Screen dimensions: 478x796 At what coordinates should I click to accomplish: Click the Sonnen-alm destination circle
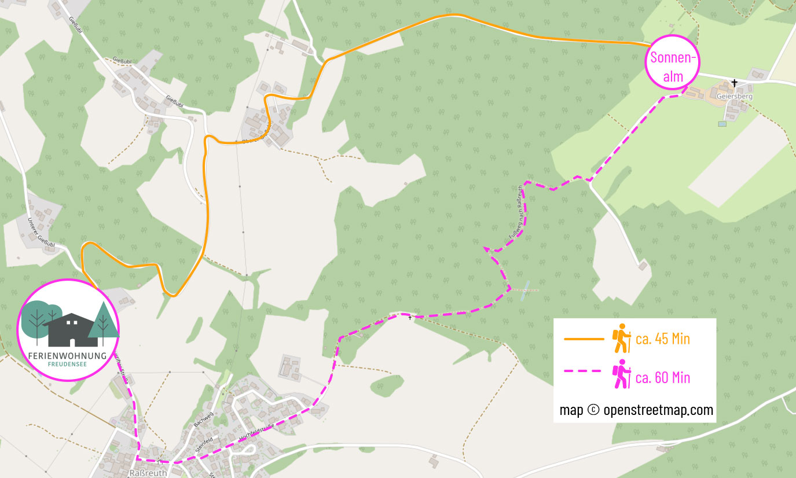(x=673, y=62)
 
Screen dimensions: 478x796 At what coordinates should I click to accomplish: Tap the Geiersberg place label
(x=734, y=97)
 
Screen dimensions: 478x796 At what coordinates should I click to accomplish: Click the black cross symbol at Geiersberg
(x=735, y=83)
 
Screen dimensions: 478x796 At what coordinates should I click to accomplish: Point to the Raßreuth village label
(x=146, y=473)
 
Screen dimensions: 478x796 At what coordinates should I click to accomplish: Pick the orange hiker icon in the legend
(x=622, y=339)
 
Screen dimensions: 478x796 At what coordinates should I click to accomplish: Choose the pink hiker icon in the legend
(x=622, y=374)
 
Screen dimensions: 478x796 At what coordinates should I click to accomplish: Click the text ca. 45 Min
(x=662, y=339)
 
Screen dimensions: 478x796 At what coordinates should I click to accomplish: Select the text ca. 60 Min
(x=662, y=378)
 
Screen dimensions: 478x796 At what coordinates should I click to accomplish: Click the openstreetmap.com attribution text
(x=636, y=410)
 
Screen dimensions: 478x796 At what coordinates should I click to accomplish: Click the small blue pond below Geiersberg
(x=722, y=123)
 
